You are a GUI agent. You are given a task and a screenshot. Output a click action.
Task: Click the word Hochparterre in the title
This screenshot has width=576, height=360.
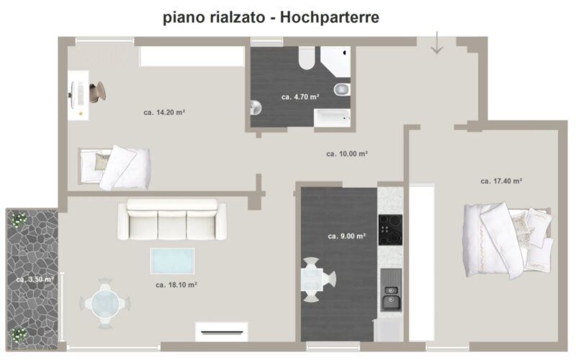[x=330, y=17]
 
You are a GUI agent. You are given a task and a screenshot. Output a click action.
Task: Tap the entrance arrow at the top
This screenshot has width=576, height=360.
[x=437, y=43]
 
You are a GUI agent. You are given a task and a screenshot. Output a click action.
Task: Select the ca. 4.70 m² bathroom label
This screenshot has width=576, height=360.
[x=300, y=97]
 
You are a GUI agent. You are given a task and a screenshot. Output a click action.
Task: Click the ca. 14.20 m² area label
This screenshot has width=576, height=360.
[x=164, y=112]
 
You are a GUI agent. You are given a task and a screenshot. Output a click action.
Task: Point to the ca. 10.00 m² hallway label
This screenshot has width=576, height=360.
[x=347, y=154]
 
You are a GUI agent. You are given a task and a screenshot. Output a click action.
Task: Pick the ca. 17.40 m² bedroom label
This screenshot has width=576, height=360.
[x=501, y=181]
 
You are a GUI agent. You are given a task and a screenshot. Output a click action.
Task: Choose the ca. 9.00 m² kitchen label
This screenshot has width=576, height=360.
[x=347, y=236]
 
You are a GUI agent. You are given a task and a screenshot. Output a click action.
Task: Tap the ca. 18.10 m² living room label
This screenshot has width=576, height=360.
[x=176, y=284]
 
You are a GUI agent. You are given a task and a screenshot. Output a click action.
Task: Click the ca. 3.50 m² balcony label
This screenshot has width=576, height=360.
[x=35, y=279]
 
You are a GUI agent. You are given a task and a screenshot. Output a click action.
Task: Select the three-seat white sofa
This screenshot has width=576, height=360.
[x=172, y=220]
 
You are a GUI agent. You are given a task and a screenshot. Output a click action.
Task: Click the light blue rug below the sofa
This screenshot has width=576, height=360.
[x=173, y=261]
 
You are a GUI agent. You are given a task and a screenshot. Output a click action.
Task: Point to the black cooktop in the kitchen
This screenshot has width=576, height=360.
[x=390, y=230]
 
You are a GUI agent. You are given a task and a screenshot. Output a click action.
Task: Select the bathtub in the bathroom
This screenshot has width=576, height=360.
[x=332, y=118]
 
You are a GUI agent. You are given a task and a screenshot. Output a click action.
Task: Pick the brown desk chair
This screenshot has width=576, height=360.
[x=98, y=91]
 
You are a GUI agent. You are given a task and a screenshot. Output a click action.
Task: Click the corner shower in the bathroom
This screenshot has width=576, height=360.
[x=336, y=61]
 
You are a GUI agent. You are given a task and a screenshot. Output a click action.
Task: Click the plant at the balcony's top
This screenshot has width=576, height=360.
[x=18, y=220]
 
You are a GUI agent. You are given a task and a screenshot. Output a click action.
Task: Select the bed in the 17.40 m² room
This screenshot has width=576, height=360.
[x=508, y=240]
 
